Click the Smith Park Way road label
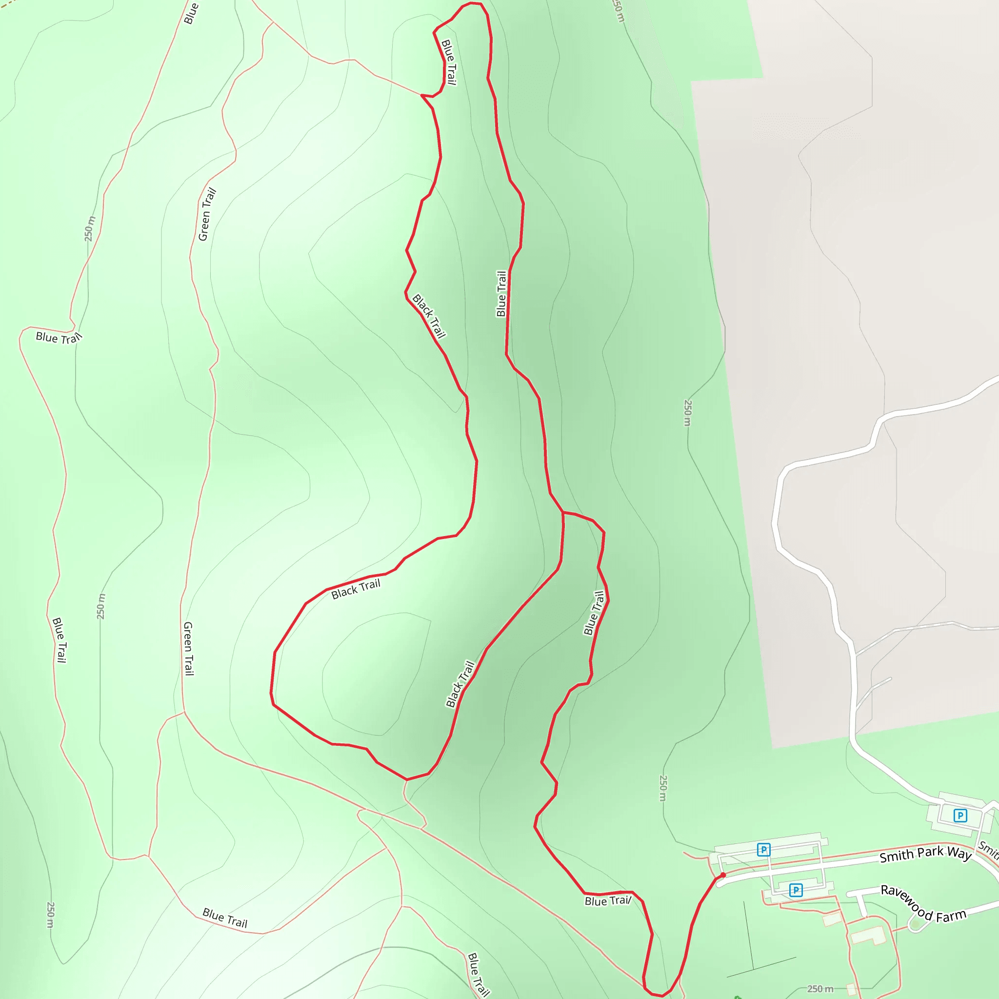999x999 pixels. (x=925, y=854)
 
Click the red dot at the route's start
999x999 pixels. (x=723, y=875)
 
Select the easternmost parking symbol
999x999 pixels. (x=960, y=816)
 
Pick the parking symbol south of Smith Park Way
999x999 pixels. (x=796, y=890)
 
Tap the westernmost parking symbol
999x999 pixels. (x=764, y=850)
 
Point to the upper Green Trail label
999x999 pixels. (x=207, y=215)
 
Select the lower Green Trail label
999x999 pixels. (x=189, y=648)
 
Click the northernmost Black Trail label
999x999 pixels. (x=429, y=316)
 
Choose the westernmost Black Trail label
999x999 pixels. (x=356, y=589)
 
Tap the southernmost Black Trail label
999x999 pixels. (x=460, y=683)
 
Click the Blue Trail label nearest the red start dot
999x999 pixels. (x=608, y=901)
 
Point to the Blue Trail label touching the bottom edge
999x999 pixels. (x=479, y=974)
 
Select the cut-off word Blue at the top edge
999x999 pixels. (x=191, y=13)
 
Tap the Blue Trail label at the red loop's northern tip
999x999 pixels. (x=448, y=62)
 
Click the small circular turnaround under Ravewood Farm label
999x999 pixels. (x=916, y=924)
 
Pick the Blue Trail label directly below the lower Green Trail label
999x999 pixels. (x=225, y=918)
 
